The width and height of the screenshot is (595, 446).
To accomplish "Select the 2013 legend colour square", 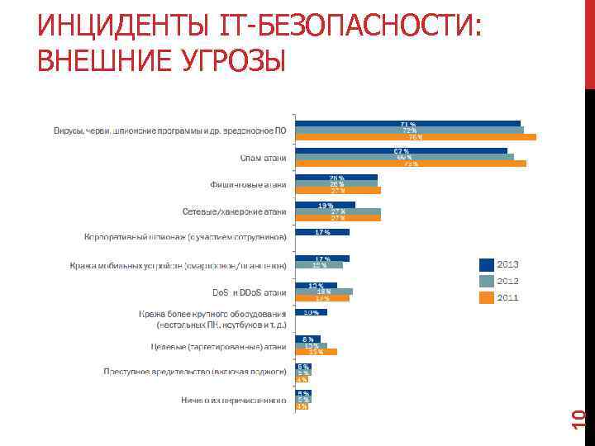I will click(486, 264).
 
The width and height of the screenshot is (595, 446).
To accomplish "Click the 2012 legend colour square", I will click(486, 281).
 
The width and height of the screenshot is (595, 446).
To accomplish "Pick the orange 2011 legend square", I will click(486, 297).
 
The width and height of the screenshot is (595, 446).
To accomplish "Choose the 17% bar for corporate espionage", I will click(322, 232).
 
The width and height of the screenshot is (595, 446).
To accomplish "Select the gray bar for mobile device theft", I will click(319, 265).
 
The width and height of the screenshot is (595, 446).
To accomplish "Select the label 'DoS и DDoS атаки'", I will click(250, 292).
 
